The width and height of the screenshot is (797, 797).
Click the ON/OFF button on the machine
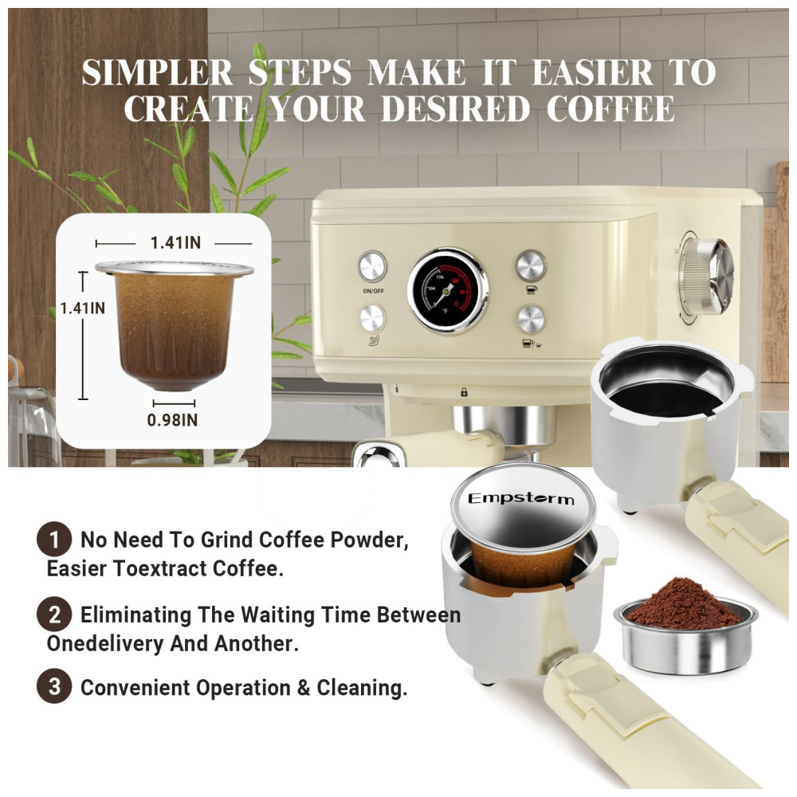click(x=372, y=266)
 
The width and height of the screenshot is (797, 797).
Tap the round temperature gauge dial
click(x=448, y=291)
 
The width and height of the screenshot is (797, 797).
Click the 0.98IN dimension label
click(x=172, y=420)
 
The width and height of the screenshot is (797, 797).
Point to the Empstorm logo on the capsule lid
click(x=521, y=499)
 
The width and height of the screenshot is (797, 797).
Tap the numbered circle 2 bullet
click(x=54, y=614)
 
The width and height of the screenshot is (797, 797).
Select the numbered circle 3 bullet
click(x=54, y=687)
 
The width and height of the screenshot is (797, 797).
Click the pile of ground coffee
click(x=684, y=604)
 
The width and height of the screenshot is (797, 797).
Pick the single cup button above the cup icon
click(x=531, y=265)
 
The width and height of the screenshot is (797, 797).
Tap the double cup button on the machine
click(x=532, y=320)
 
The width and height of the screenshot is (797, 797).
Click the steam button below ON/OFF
click(x=372, y=319)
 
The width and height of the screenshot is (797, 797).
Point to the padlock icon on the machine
click(x=464, y=392)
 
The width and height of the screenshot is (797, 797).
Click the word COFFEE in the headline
click(x=611, y=108)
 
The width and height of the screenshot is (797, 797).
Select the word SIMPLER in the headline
click(x=156, y=72)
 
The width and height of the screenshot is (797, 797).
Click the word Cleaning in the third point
click(x=362, y=688)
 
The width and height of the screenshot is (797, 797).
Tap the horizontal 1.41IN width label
click(x=175, y=243)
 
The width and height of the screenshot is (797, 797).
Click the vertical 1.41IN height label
click(x=82, y=308)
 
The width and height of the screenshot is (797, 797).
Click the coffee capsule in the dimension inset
click(x=174, y=325)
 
